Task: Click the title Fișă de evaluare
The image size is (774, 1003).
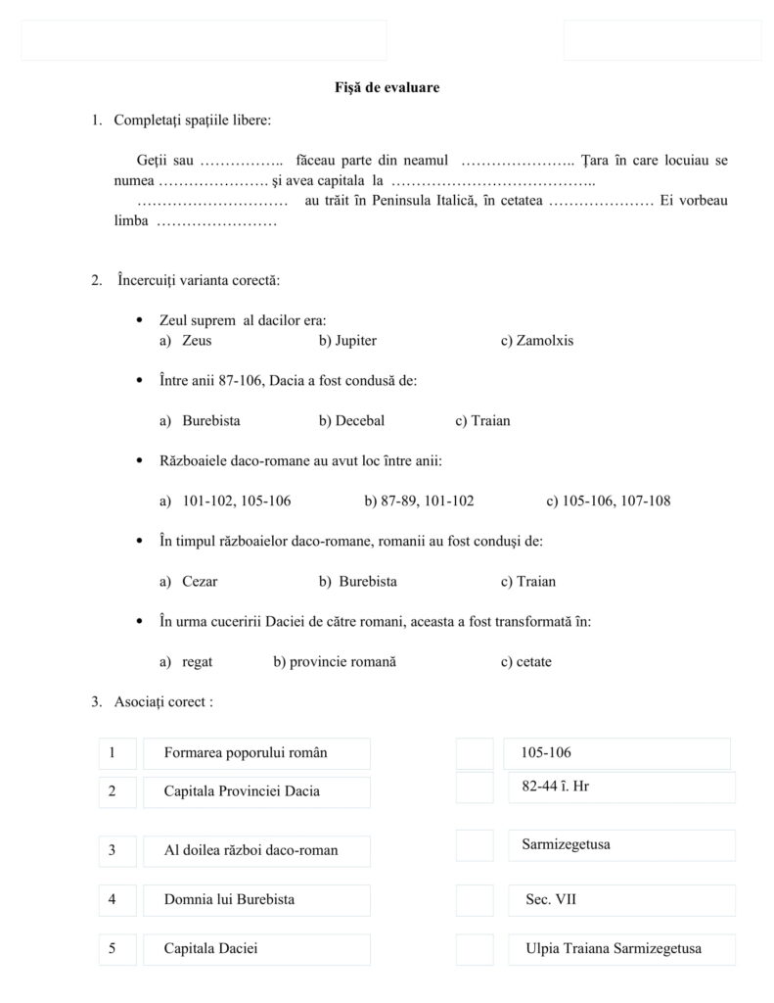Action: [x=387, y=88]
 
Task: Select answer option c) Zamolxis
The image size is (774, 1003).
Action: [x=537, y=341]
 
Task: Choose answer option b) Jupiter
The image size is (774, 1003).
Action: [x=347, y=341]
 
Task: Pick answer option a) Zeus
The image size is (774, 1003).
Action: [x=185, y=341]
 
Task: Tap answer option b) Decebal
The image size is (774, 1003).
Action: [x=351, y=421]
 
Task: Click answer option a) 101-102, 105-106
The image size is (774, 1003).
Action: [x=225, y=501]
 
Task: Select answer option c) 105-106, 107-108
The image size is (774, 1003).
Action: [x=608, y=501]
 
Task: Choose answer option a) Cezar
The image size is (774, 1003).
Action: [x=188, y=582]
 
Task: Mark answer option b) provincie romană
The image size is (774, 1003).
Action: [x=335, y=662]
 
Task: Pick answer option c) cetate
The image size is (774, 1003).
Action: [x=525, y=662]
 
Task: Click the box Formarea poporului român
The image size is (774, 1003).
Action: [x=256, y=753]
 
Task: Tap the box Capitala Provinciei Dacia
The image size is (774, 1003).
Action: [x=256, y=791]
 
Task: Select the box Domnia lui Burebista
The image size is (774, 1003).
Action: [x=256, y=899]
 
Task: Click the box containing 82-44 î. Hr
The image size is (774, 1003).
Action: [x=621, y=787]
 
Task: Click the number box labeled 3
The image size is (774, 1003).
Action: [x=117, y=850]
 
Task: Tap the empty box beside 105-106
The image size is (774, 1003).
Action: [x=475, y=754]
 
